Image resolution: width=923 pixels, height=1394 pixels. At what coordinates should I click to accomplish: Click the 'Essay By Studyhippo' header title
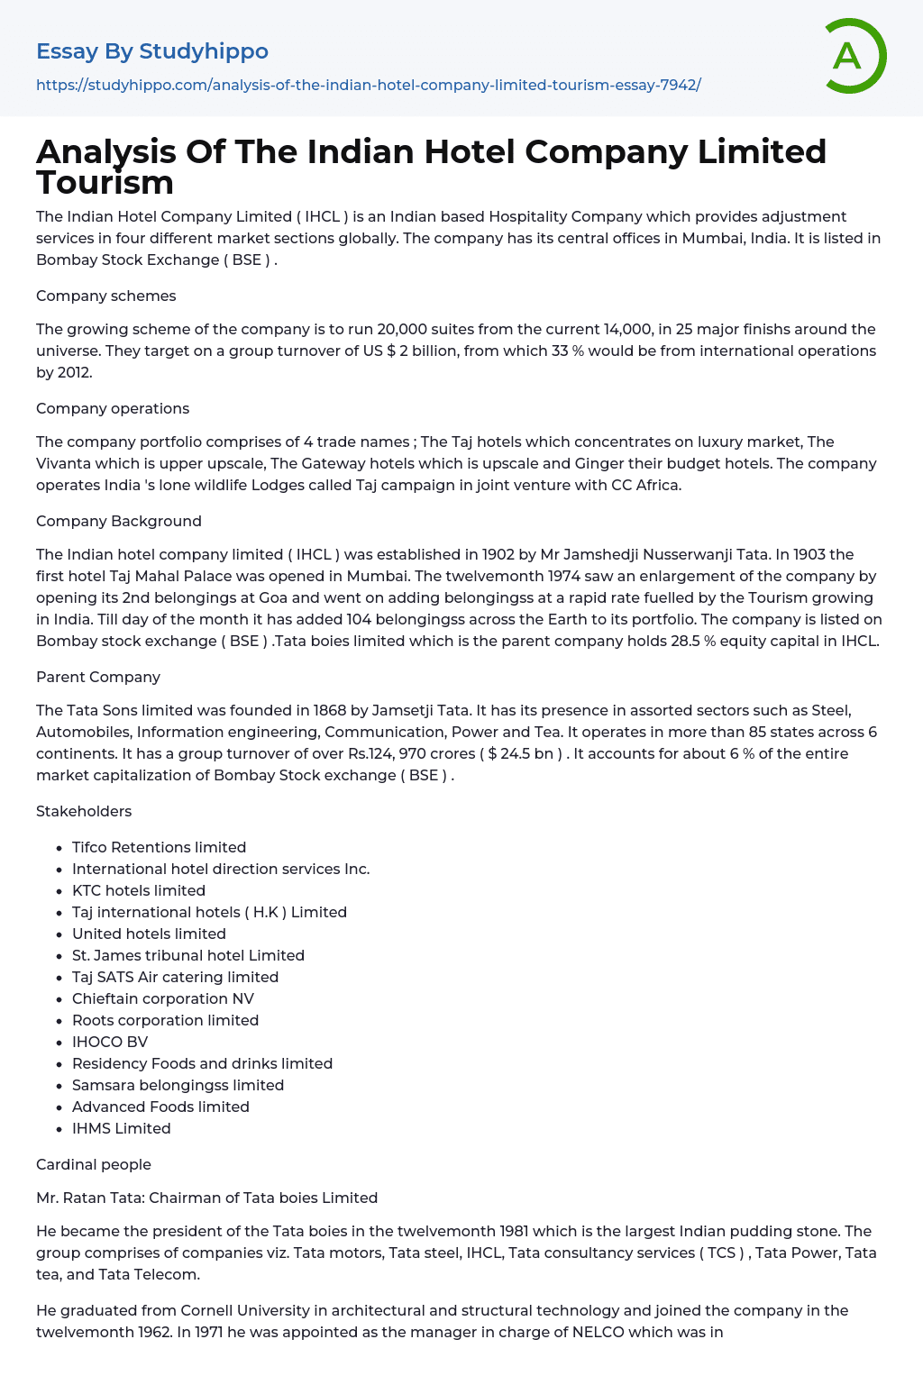152,51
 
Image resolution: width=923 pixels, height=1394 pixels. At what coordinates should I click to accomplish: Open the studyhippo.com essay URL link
368,85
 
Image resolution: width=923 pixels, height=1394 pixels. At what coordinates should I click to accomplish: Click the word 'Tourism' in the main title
105,183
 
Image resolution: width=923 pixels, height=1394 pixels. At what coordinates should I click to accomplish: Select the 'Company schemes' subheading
105,296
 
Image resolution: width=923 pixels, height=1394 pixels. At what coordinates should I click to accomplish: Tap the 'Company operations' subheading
113,408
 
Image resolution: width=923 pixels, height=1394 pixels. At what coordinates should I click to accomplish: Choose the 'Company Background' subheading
118,521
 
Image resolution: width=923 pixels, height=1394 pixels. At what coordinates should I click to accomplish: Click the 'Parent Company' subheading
98,677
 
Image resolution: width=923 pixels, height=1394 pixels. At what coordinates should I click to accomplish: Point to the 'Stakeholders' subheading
84,811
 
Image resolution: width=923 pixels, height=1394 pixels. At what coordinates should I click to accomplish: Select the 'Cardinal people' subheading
94,1164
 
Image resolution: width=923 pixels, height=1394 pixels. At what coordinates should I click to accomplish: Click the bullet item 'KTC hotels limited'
139,890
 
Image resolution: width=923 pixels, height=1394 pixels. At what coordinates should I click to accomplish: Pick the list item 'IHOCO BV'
110,1042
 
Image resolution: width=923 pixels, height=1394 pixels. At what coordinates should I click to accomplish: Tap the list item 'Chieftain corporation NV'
163,998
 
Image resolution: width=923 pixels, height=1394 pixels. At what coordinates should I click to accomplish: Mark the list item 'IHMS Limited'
122,1128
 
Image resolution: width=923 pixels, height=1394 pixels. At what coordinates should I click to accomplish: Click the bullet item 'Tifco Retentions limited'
159,847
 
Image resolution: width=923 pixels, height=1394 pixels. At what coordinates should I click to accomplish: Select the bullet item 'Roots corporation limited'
165,1020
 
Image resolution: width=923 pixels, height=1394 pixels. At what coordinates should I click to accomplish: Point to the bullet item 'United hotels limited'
149,934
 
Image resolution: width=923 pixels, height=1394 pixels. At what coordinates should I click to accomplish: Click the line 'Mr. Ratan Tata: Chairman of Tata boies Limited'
206,1198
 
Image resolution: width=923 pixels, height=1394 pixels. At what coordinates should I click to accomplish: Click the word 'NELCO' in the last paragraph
599,1332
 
